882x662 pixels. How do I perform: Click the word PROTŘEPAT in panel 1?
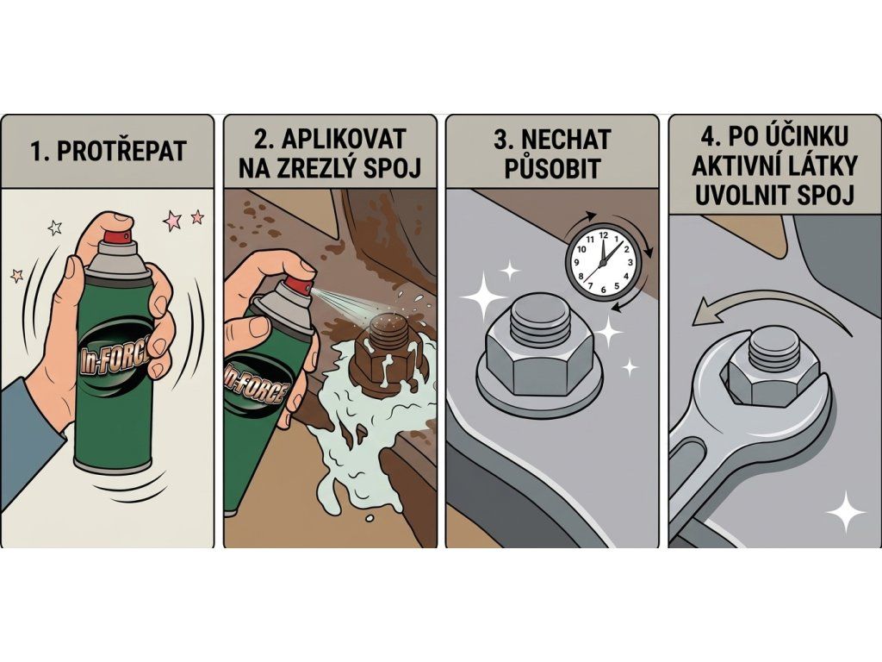point(121,152)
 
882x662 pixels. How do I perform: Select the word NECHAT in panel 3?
point(566,139)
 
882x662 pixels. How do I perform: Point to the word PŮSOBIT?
point(551,169)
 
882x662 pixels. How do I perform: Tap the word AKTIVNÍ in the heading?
point(738,165)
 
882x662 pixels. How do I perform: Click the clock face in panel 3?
point(603,261)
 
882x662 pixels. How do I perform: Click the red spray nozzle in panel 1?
point(119,236)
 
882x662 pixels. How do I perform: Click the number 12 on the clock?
point(604,234)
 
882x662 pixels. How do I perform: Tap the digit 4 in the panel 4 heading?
point(708,136)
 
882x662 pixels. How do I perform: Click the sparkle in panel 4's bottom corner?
point(846,510)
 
